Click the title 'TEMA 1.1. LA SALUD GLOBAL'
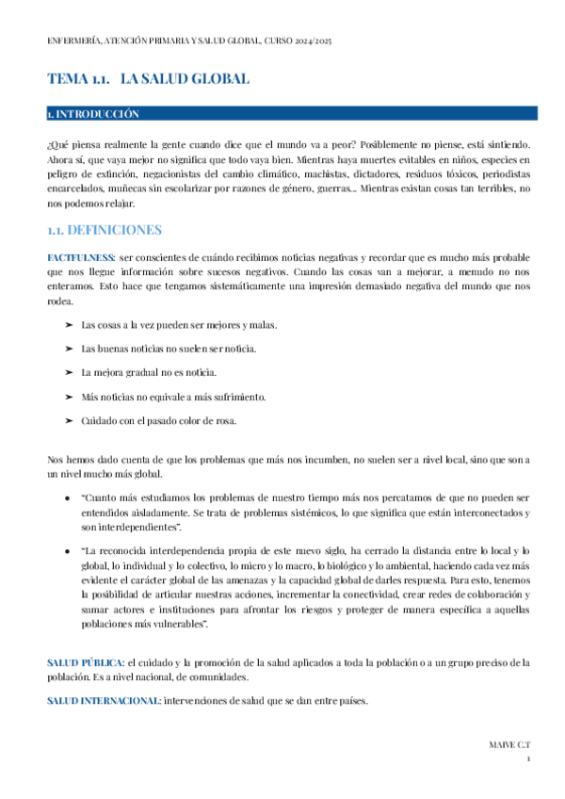click(x=148, y=79)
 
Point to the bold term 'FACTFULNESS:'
click(x=82, y=257)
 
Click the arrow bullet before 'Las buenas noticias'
click(x=69, y=350)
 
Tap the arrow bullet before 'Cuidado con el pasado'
click(x=69, y=420)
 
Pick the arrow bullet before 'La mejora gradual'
click(x=69, y=373)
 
